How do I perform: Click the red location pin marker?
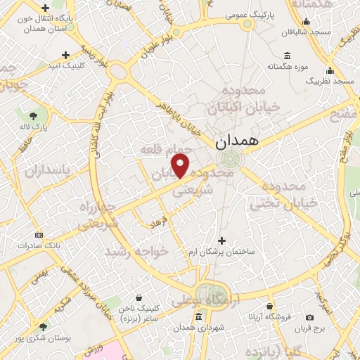point(181,167)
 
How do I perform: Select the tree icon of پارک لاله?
point(33,115)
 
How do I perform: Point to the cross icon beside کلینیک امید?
point(66,55)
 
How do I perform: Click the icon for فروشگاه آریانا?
point(270,306)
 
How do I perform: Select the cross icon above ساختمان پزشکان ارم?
point(222,240)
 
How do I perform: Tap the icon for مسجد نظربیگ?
point(328,70)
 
